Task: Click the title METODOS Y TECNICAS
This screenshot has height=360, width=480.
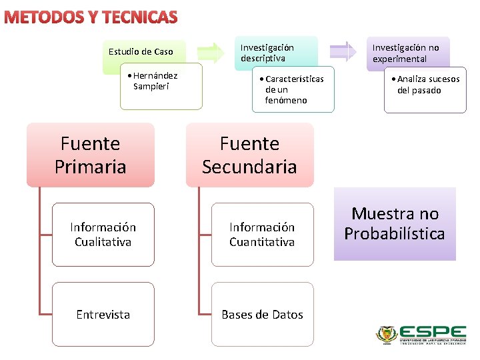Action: (91, 17)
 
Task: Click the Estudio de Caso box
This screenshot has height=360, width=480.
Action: (141, 51)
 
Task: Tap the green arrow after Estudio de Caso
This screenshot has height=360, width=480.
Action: (213, 52)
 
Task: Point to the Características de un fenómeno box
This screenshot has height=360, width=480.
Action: (293, 89)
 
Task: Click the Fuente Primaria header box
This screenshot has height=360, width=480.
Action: (90, 155)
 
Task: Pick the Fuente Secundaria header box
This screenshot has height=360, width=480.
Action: (249, 155)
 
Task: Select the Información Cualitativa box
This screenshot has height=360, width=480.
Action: (103, 235)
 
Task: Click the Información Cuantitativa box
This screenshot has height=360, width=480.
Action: (262, 235)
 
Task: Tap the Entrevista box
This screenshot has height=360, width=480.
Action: (103, 314)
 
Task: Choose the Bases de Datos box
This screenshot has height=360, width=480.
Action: (262, 314)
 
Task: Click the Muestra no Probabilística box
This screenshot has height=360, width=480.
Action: (395, 224)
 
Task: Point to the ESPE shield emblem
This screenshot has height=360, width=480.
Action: (387, 334)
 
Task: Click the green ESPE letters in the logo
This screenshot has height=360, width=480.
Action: (433, 331)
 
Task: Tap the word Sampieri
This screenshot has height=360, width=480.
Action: (151, 86)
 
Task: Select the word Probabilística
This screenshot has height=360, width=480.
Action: (395, 234)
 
